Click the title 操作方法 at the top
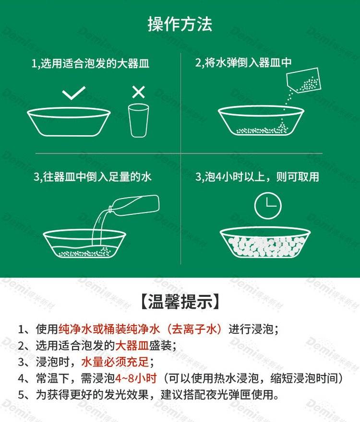point(180,24)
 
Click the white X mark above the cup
point(139,92)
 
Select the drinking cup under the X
point(139,120)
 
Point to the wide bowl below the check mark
point(69,122)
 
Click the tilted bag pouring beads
point(304,80)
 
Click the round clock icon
point(268,205)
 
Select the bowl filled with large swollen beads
point(265,243)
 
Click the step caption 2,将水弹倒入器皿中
point(243,62)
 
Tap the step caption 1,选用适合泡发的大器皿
point(90,64)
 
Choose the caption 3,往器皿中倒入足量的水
point(92,177)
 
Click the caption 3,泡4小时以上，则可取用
point(257,177)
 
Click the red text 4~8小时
point(136,378)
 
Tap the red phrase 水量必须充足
point(115,362)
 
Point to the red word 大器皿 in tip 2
point(132,345)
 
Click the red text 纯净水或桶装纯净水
point(109,329)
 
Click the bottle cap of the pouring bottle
point(110,210)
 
